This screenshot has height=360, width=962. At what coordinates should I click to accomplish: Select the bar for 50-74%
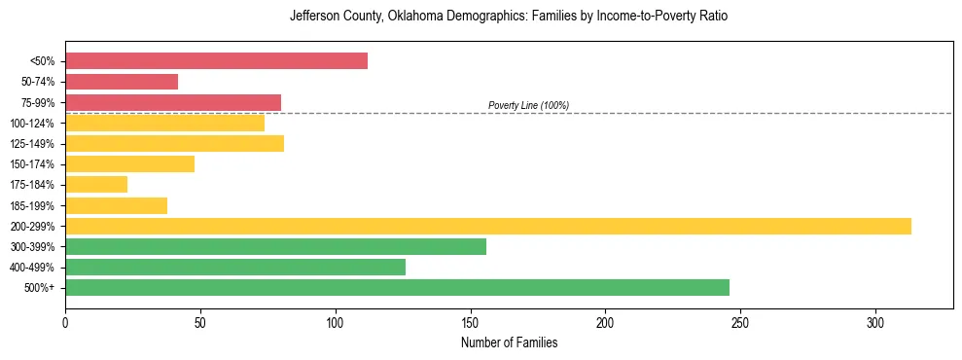(x=122, y=82)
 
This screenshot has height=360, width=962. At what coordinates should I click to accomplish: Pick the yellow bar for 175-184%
(x=96, y=184)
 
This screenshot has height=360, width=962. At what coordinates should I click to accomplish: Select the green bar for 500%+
(x=397, y=287)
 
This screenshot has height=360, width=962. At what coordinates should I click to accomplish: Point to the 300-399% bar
(x=275, y=246)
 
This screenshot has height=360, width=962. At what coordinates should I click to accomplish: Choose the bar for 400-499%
(x=235, y=267)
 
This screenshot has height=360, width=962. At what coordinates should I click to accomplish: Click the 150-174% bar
(x=129, y=163)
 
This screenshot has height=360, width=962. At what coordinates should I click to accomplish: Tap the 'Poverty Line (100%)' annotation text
(x=528, y=105)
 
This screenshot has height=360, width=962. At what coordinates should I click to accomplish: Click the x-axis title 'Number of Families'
(x=509, y=342)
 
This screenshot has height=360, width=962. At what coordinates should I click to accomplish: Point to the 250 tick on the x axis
(x=740, y=322)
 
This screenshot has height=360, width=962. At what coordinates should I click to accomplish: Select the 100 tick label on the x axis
(x=336, y=322)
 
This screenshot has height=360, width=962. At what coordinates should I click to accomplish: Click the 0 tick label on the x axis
(x=65, y=322)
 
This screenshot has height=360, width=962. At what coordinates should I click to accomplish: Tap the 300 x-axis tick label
(x=875, y=322)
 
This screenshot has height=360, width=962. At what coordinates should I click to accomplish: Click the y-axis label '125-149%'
(x=32, y=144)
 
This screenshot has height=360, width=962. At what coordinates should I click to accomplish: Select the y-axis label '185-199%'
(x=32, y=205)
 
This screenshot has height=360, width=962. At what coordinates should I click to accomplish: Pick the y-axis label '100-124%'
(x=32, y=124)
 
